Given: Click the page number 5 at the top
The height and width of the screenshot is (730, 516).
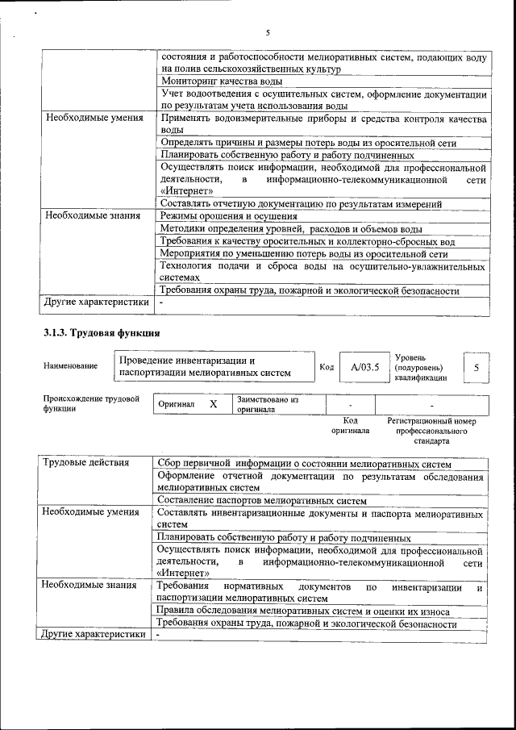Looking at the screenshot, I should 267,33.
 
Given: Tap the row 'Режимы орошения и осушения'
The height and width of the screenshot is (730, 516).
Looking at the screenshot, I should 229,216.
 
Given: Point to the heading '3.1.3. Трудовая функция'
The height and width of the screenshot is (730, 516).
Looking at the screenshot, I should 102,332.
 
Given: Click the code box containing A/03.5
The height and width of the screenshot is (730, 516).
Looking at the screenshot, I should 364,367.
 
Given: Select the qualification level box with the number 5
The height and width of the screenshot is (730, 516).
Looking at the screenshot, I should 476,367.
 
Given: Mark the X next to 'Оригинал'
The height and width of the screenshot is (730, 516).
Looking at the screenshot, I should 213,403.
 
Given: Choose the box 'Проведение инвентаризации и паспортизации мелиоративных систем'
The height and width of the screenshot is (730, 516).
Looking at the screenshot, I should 205,366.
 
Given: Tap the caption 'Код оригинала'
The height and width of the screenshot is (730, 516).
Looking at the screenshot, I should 350,426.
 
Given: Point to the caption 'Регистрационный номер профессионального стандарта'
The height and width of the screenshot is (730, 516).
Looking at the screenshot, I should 431,431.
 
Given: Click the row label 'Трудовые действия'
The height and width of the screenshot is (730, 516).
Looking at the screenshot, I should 85,462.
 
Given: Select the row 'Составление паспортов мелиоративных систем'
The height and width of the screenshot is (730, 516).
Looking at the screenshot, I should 256,500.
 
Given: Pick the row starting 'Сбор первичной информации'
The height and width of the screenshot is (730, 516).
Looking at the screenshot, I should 304,463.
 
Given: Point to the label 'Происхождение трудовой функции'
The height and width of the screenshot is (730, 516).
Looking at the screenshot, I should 91,403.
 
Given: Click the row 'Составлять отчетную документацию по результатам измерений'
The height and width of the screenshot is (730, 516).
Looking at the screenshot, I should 310,203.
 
